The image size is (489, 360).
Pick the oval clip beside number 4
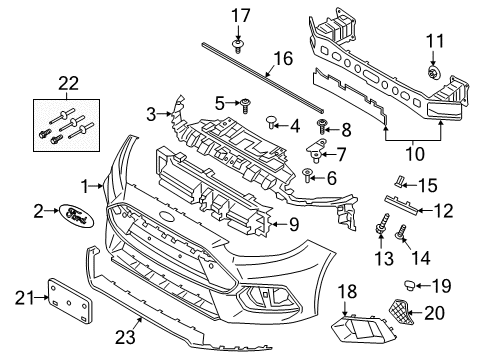(270, 124)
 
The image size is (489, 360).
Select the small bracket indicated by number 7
(315, 153)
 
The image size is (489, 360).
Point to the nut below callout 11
(408, 72)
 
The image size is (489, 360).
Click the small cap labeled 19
(409, 287)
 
